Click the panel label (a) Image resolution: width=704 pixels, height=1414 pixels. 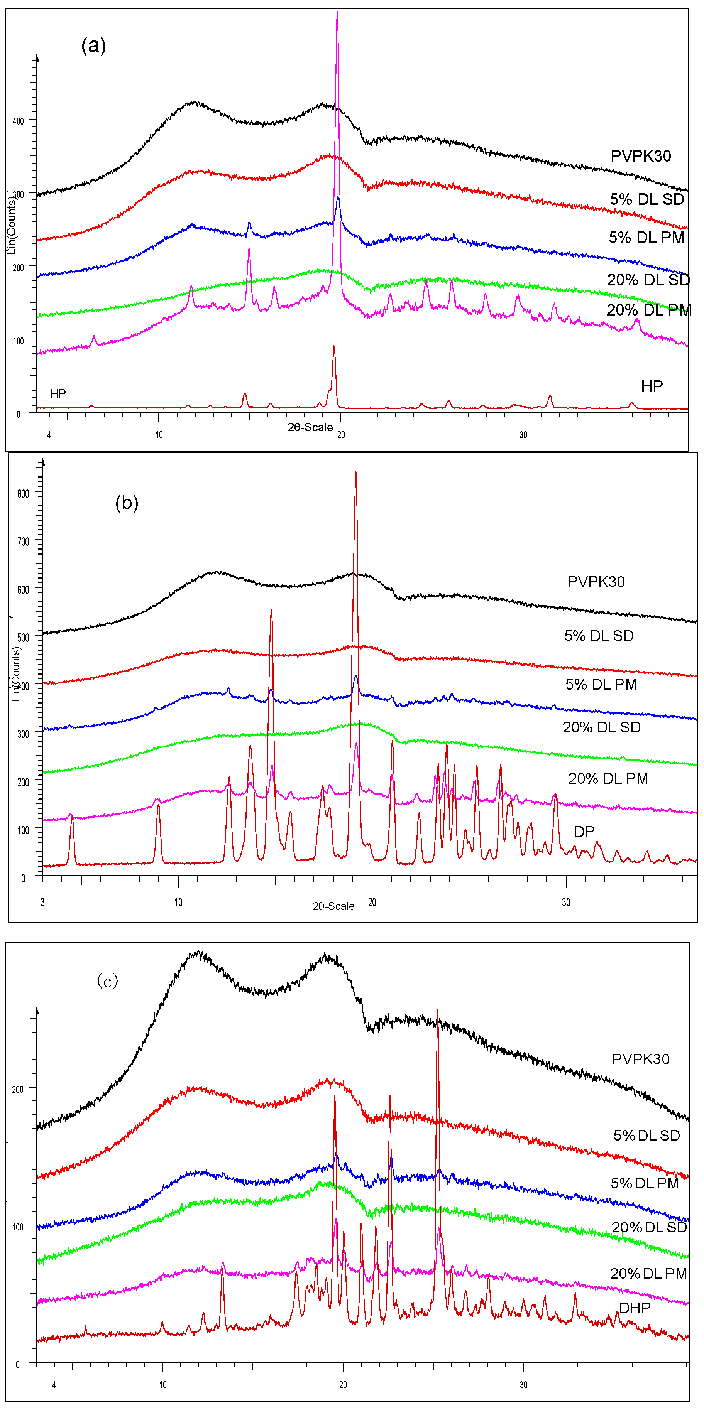(93, 45)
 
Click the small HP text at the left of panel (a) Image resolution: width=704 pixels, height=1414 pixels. (58, 393)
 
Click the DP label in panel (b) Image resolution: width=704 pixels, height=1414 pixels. (584, 831)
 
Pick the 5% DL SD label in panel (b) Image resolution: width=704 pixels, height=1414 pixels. (599, 636)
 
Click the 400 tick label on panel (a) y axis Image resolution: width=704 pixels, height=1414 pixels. (18, 121)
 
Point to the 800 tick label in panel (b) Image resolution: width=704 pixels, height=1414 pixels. (23, 493)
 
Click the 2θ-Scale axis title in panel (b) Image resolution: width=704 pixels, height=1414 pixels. (333, 906)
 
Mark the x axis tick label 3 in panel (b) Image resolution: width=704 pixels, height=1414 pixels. (42, 903)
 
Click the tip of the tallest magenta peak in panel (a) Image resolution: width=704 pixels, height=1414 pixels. (337, 12)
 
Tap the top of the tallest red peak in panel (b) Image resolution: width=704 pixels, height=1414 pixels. (356, 472)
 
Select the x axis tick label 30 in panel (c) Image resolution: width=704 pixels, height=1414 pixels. (523, 1385)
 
